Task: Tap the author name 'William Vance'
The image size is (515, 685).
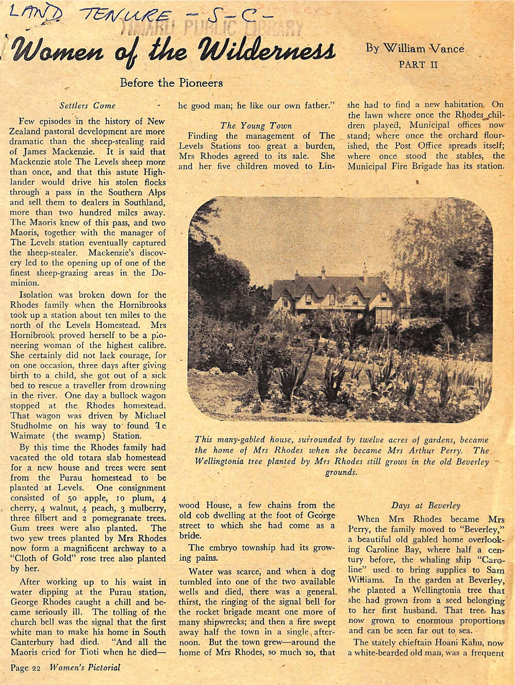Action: pyautogui.click(x=414, y=49)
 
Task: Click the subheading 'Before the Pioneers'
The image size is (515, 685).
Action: pyautogui.click(x=171, y=82)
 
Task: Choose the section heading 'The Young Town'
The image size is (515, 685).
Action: pyautogui.click(x=256, y=125)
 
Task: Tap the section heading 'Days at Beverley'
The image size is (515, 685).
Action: pyautogui.click(x=425, y=505)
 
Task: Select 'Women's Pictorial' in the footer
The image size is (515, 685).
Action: pyautogui.click(x=85, y=667)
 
